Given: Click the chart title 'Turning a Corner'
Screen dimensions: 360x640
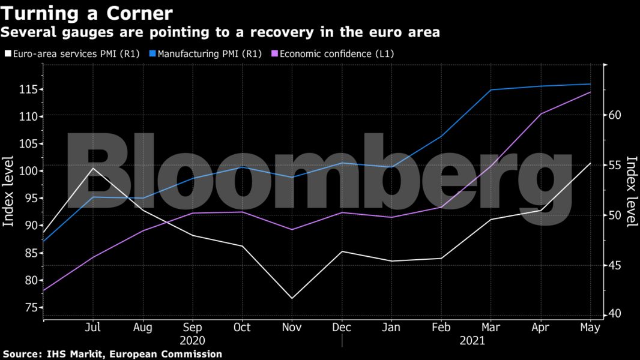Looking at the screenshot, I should coord(88,13).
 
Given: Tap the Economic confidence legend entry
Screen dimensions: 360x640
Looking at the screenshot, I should coord(337,53).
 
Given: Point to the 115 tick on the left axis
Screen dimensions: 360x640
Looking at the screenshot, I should coord(26,89).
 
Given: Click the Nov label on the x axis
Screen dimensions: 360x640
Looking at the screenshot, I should coord(292,328).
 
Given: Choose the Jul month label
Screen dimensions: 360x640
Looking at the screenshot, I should coord(92,328).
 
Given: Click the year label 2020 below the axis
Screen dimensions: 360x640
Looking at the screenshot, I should coord(192,341).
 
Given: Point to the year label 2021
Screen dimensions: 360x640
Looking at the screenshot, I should coord(472,341).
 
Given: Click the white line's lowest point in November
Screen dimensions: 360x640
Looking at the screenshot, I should coord(292,298).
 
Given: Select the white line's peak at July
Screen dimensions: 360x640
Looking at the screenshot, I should coord(92,168).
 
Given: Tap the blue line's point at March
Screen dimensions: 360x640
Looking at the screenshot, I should coord(491,90).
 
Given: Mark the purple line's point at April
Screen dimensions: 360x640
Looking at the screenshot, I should coord(541,114).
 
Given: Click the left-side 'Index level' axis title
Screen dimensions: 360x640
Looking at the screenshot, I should coord(9,191).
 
